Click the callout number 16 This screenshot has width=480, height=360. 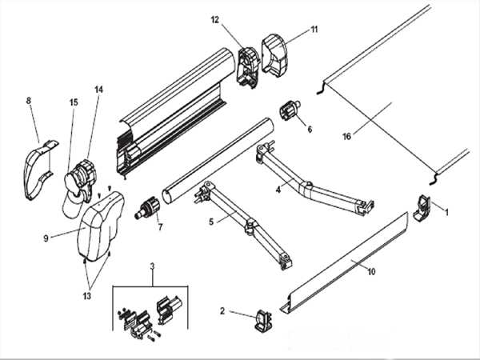click(346, 136)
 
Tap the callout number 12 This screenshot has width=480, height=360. click(215, 19)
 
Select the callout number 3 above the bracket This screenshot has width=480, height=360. click(153, 266)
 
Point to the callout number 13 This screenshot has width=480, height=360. click(87, 296)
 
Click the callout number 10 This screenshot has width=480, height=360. click(371, 271)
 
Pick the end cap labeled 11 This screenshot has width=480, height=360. click(274, 55)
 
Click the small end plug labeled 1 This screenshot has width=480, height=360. click(422, 207)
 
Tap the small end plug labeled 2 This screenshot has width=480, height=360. click(263, 321)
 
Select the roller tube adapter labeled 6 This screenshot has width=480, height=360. click(289, 111)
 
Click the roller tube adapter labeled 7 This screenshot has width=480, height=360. click(147, 208)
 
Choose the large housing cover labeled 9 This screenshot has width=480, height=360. click(101, 226)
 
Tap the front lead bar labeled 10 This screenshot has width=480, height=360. click(344, 263)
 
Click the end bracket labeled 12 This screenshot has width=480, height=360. click(248, 68)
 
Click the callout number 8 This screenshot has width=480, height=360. click(29, 101)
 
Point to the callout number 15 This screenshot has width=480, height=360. click(74, 102)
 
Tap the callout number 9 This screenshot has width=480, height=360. click(46, 238)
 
